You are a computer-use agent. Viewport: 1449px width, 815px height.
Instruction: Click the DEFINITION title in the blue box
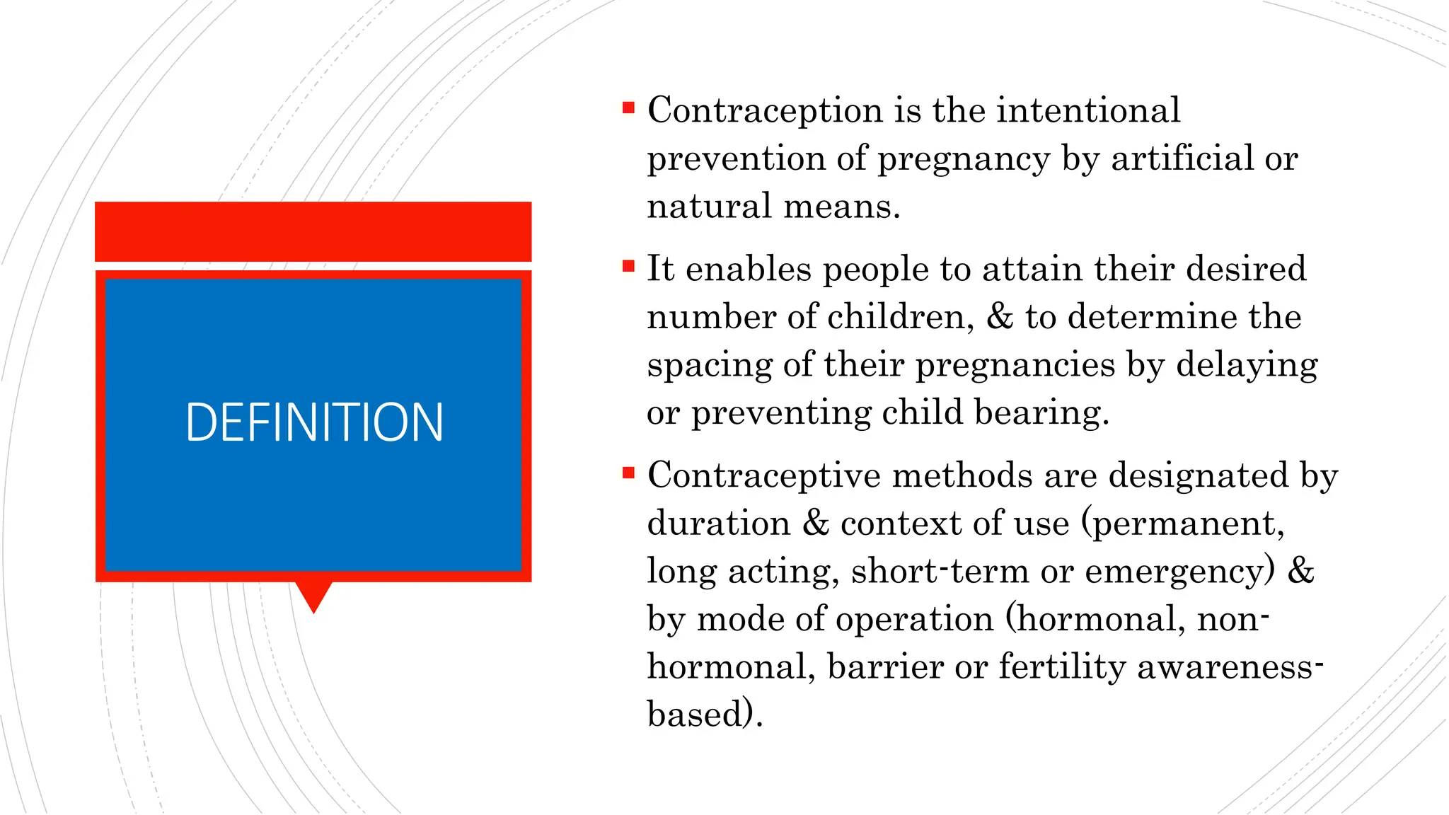(x=314, y=422)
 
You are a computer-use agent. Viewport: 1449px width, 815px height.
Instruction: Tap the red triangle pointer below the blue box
(x=313, y=594)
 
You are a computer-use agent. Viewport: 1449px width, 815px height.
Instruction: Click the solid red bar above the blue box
(x=313, y=231)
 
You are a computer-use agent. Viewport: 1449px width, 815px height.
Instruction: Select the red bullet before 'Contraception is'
(x=628, y=108)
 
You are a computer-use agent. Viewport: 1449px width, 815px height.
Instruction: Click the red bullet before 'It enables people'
(x=628, y=267)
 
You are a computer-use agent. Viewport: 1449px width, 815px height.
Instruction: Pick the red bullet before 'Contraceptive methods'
(x=628, y=473)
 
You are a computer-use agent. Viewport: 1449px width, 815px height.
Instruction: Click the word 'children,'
(x=901, y=316)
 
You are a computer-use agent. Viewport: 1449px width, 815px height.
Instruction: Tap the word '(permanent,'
(x=1182, y=524)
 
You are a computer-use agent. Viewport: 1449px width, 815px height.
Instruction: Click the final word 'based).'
(x=705, y=714)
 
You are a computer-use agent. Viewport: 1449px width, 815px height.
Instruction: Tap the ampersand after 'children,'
(x=1000, y=316)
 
